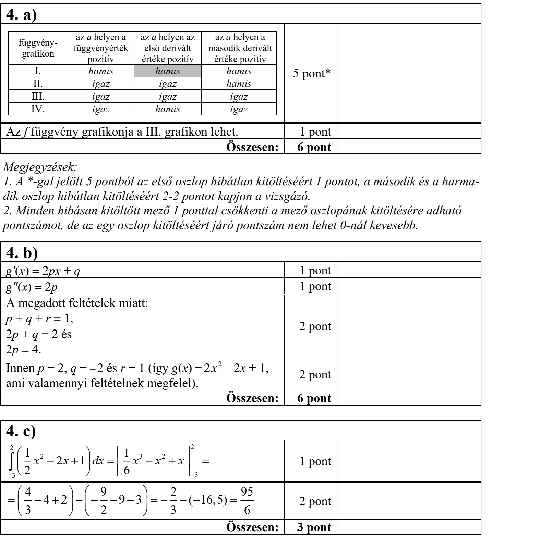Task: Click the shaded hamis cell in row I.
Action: (167, 71)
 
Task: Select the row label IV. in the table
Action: (38, 110)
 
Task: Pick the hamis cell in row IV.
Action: (167, 110)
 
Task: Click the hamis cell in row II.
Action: (239, 84)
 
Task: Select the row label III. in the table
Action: (38, 97)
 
